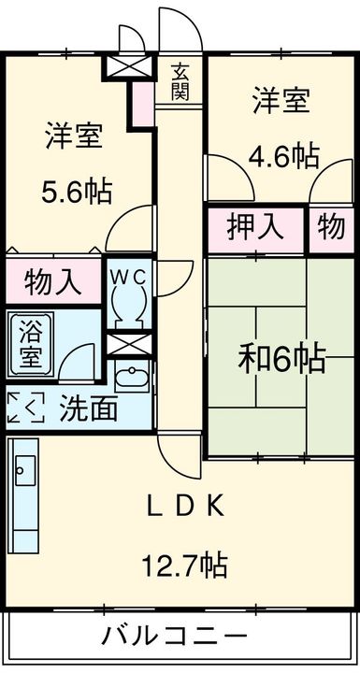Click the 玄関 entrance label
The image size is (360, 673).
point(180,81)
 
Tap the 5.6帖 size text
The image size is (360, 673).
point(76,192)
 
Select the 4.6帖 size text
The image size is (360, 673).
point(281,154)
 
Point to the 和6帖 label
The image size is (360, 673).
point(281,358)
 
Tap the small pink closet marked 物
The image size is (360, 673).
point(331,227)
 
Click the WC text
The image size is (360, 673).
point(126,277)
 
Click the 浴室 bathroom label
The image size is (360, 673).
point(31,342)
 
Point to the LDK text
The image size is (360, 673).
point(184,507)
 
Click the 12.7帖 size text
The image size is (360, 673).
point(185,564)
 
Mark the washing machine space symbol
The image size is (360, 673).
point(25,408)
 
